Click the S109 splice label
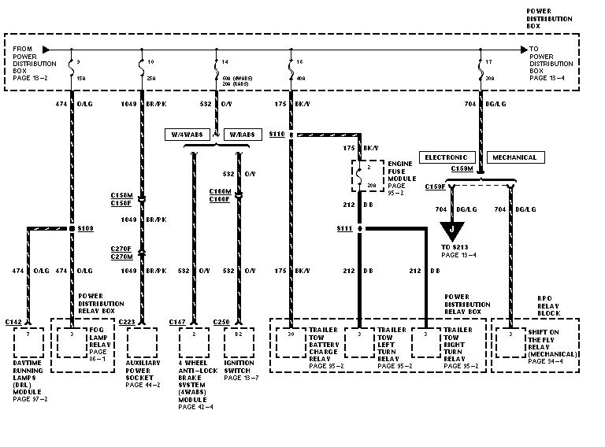86,228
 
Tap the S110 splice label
276,135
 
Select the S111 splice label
343,228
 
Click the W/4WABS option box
186,135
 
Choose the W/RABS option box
243,135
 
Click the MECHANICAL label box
514,157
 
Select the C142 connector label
13,322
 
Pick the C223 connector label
128,322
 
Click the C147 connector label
178,322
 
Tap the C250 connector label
223,322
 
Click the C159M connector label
462,168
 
